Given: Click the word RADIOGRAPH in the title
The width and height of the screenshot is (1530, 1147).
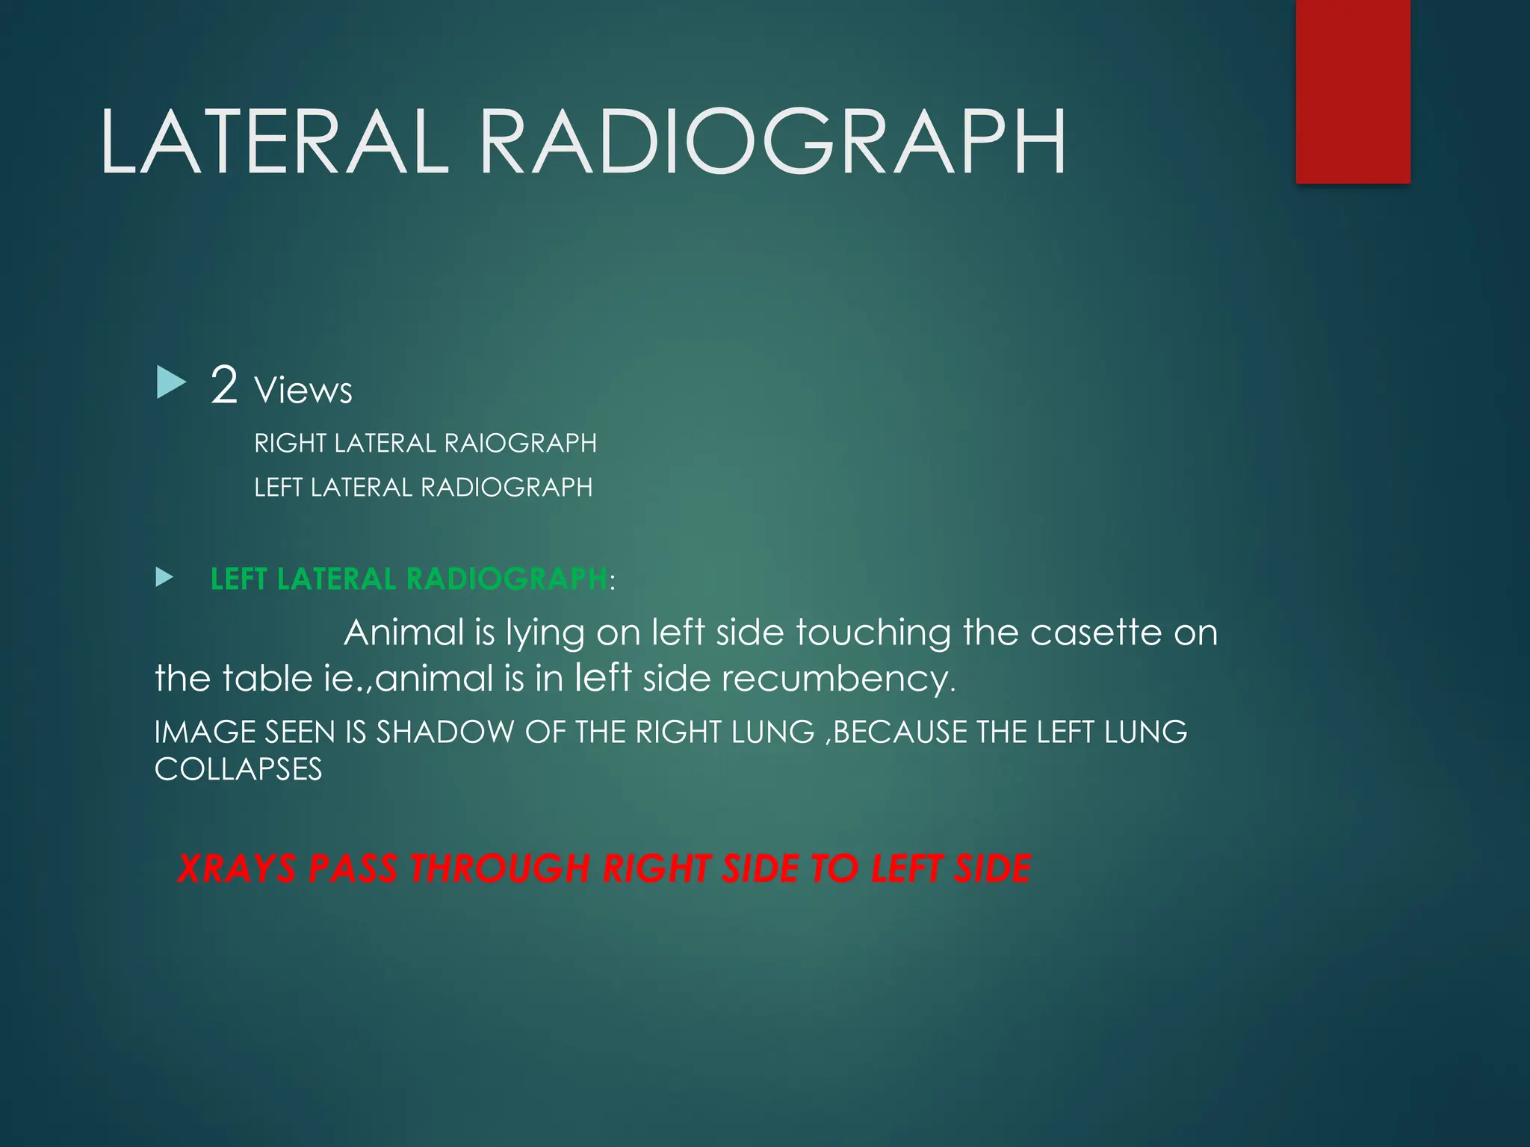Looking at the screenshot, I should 772,142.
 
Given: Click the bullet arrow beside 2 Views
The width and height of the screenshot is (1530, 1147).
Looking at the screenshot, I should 171,382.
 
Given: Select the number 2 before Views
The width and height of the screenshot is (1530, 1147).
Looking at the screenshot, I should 224,385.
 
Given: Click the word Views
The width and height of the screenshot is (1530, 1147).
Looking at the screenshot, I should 303,391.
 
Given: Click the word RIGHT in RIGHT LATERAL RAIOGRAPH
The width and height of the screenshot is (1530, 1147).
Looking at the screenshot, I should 290,444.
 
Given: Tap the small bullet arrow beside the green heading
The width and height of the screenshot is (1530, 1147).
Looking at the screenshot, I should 164,577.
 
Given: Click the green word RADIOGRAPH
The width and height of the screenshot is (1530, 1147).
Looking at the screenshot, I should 507,579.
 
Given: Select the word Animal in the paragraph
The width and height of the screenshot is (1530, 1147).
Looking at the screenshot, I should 404,633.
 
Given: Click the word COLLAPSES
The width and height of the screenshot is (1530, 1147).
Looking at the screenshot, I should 238,770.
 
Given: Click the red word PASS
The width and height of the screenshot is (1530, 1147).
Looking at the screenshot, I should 353,869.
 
